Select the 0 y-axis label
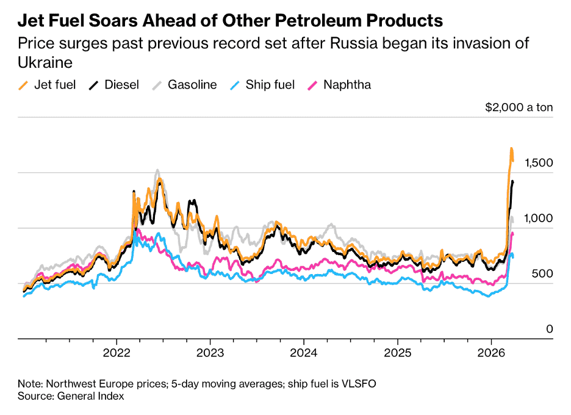point(549,329)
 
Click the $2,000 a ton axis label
point(519,107)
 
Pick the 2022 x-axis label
point(117,353)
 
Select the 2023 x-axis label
point(210,353)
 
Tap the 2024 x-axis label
point(303,353)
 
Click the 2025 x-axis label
point(397,353)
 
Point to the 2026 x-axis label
point(491,353)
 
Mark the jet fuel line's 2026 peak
point(511,148)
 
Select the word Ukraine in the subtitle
point(46,63)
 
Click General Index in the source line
point(91,396)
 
